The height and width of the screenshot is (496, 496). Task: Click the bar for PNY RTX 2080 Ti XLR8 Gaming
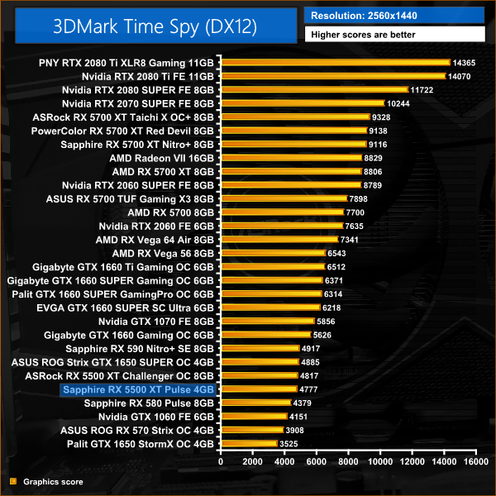point(334,62)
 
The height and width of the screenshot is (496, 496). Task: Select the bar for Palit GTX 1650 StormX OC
point(248,444)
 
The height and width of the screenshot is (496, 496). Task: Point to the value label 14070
point(461,76)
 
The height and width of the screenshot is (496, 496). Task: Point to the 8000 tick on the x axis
point(347,463)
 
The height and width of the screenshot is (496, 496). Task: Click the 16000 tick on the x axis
point(475,463)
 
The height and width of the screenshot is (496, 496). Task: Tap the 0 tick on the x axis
point(220,463)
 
